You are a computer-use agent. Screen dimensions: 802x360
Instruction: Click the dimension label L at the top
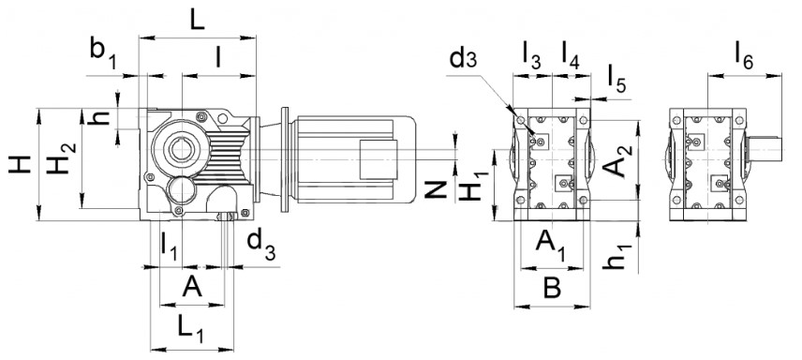[x=197, y=20]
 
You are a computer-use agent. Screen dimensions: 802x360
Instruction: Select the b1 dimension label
[x=103, y=54]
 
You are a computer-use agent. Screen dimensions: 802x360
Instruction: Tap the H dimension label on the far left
[x=20, y=165]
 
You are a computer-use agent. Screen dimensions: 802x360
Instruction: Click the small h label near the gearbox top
[x=101, y=118]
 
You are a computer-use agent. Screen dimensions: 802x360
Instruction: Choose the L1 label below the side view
[x=191, y=327]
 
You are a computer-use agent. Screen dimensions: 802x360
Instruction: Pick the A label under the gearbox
[x=192, y=287]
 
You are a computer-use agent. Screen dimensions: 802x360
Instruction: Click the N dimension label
[x=437, y=189]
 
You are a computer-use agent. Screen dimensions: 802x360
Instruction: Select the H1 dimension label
[x=473, y=187]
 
